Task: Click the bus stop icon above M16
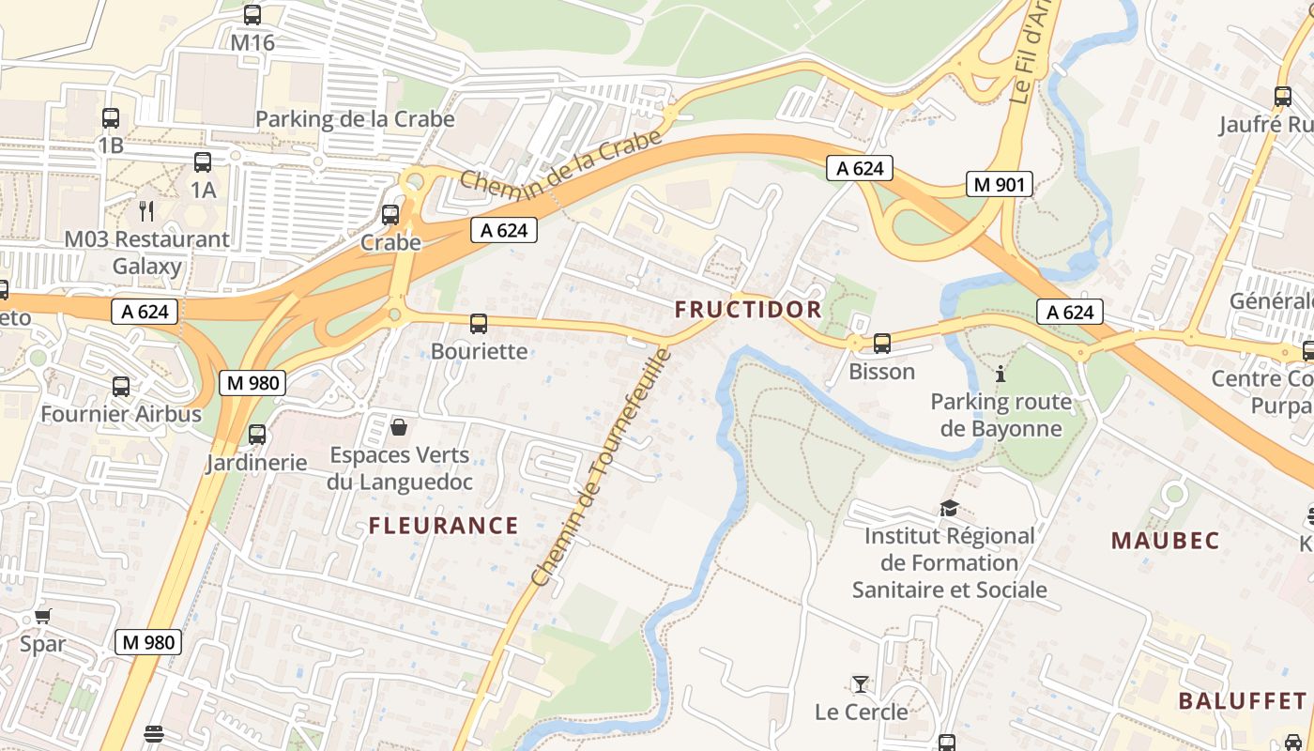252,15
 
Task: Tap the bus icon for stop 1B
111,118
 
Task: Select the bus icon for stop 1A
203,162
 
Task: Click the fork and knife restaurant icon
145,210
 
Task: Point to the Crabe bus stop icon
390,215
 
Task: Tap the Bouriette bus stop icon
479,324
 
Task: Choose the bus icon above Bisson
881,344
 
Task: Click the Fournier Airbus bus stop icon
121,386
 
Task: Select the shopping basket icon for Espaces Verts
399,428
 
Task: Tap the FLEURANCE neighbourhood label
443,526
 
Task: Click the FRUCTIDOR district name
748,310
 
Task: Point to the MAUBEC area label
1166,541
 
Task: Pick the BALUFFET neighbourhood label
1242,701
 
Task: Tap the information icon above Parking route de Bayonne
1001,375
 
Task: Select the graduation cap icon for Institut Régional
949,509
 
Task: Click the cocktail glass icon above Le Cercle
860,683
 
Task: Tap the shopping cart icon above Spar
43,617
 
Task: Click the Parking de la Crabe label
355,119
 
